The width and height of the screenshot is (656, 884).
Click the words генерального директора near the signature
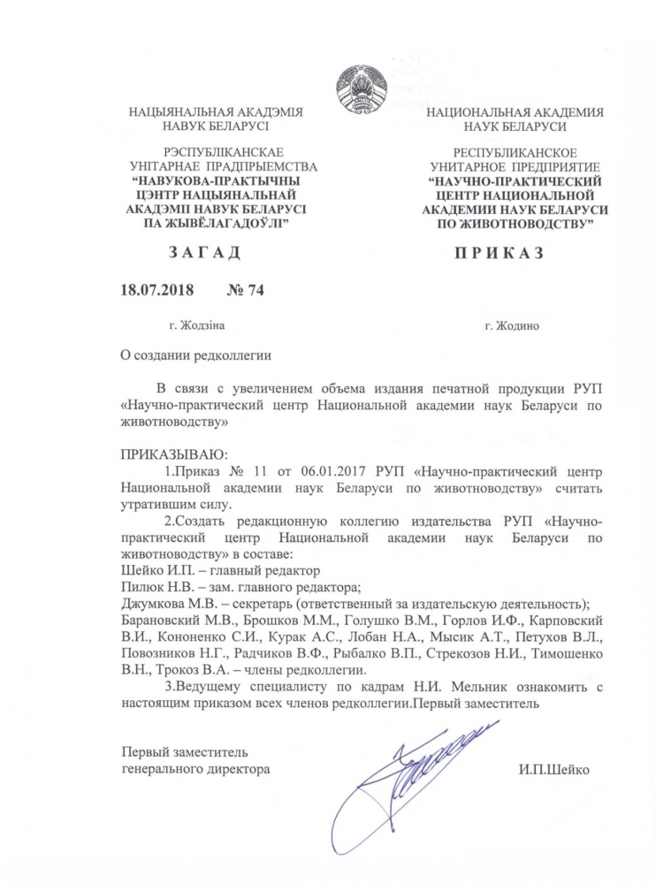(195, 769)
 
